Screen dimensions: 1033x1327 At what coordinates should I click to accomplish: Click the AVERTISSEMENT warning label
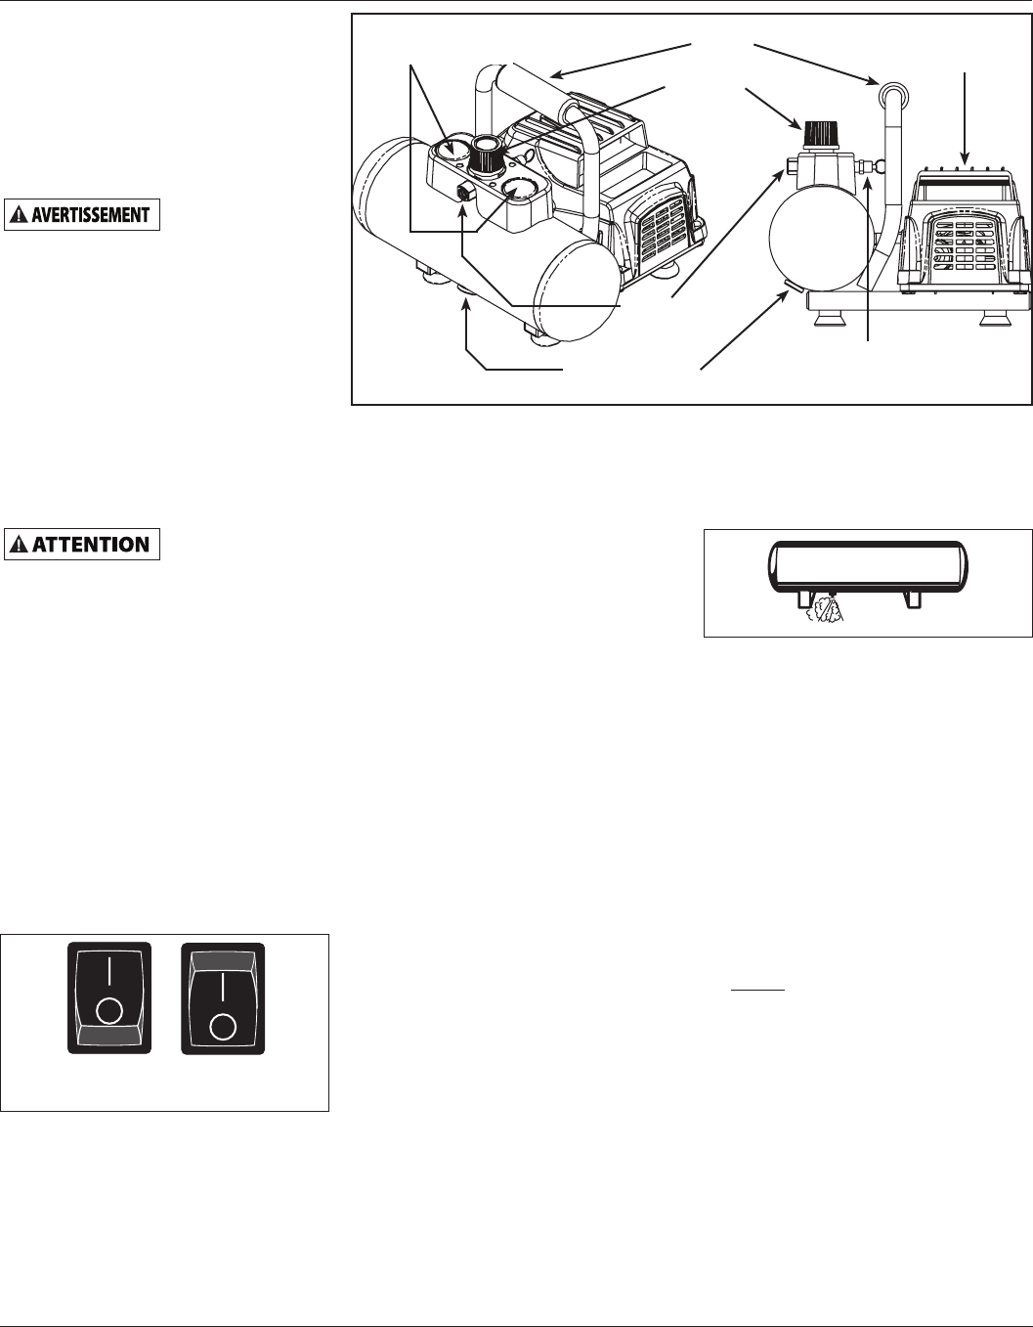pos(83,214)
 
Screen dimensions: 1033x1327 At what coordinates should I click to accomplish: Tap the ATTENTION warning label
pos(83,544)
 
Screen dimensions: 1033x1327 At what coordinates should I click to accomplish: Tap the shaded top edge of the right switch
pos(224,961)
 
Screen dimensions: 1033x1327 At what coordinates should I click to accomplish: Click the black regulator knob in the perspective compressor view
pos(486,155)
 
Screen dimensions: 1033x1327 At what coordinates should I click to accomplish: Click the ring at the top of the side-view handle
pos(890,93)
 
